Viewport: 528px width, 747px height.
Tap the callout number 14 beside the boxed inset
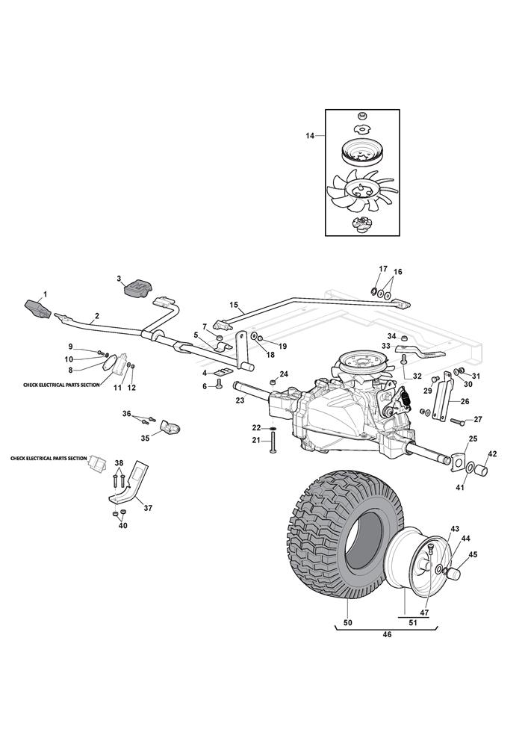pyautogui.click(x=311, y=136)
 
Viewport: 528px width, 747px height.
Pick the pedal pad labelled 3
pyautogui.click(x=137, y=288)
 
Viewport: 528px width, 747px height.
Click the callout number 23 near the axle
pyautogui.click(x=240, y=400)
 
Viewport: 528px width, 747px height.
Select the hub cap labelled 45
pyautogui.click(x=453, y=573)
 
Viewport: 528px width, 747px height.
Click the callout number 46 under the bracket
pyautogui.click(x=387, y=635)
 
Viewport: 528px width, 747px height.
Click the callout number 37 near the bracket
pyautogui.click(x=148, y=508)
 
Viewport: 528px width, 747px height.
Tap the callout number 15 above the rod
pyautogui.click(x=234, y=305)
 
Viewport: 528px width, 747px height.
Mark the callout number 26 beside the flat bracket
pyautogui.click(x=465, y=402)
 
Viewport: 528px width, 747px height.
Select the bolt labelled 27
pyautogui.click(x=456, y=421)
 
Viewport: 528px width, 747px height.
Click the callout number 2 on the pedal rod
pyautogui.click(x=97, y=315)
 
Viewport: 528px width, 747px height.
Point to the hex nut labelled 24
pyautogui.click(x=273, y=382)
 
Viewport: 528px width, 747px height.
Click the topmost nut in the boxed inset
pyautogui.click(x=362, y=116)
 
